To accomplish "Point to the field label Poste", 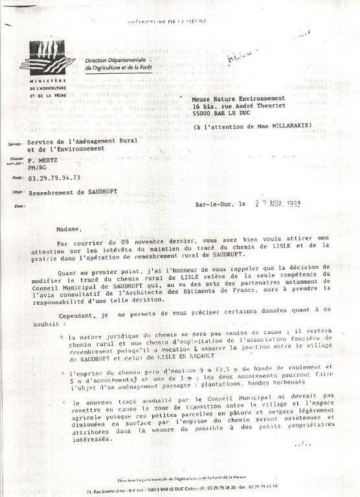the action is click(16, 177).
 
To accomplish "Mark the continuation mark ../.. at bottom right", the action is click(302, 445).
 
